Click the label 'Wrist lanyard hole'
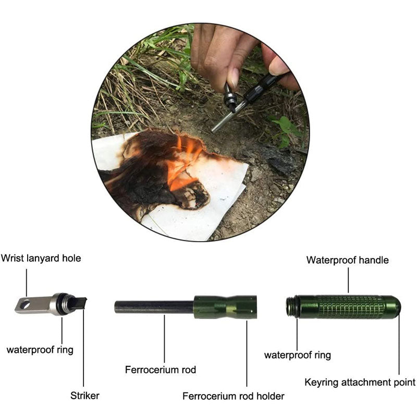click(41, 258)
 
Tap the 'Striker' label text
click(85, 396)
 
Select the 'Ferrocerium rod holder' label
click(233, 396)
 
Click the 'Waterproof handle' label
click(347, 260)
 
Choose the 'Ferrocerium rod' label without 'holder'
click(161, 370)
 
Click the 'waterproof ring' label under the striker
click(40, 349)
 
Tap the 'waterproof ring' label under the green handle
click(298, 355)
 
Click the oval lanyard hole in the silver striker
click(25, 305)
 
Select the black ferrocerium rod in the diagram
click(154, 307)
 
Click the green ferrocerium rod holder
click(225, 307)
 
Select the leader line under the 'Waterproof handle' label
click(348, 280)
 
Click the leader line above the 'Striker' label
click(83, 348)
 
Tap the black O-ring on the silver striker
click(65, 304)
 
